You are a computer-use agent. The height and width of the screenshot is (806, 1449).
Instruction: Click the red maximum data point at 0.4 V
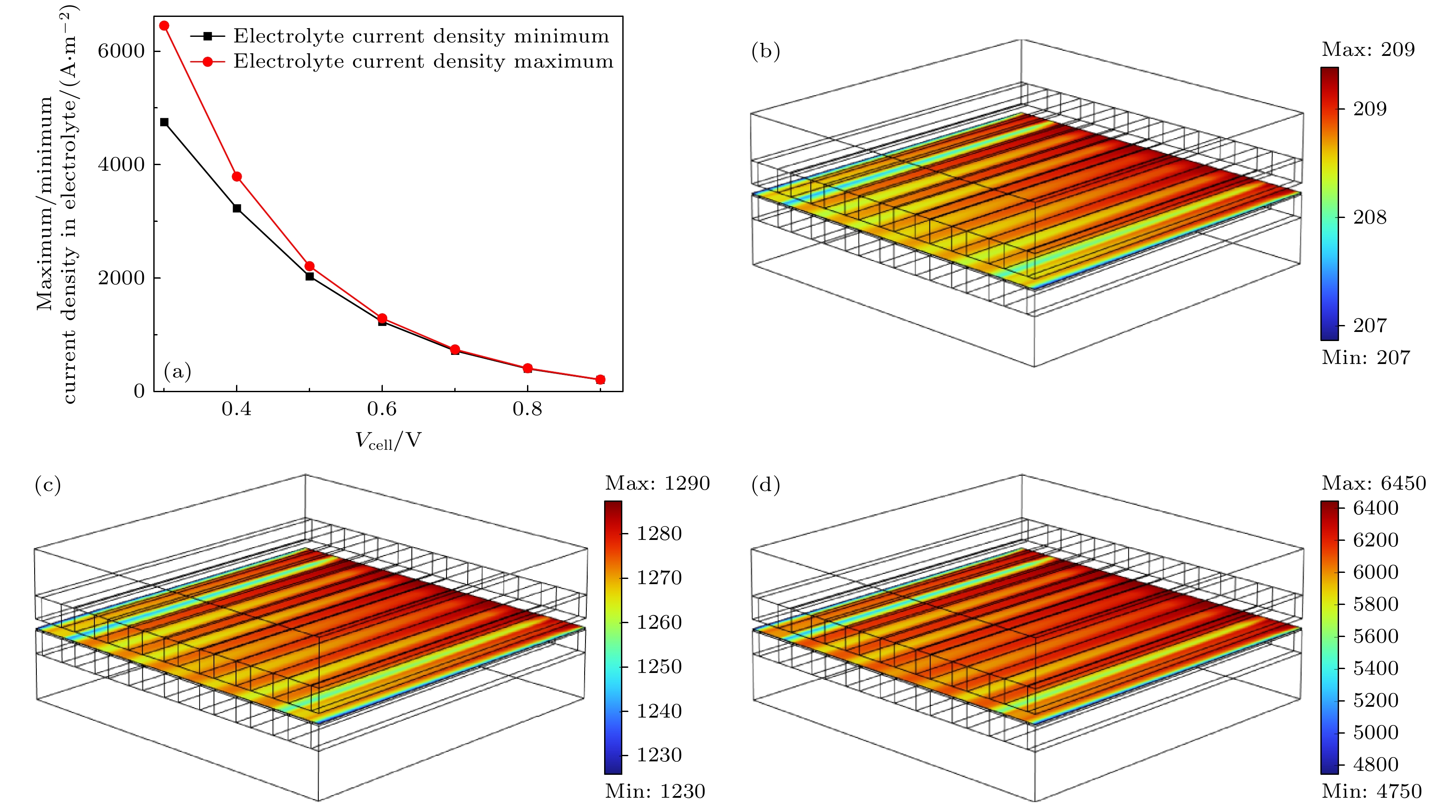coord(237,177)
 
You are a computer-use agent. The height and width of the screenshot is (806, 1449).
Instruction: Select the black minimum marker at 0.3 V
coord(164,122)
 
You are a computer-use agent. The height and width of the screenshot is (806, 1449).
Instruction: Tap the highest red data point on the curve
coord(164,26)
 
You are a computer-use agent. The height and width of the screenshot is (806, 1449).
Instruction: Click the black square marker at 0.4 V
coord(237,208)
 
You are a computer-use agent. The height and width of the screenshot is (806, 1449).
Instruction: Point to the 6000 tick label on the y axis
coord(121,51)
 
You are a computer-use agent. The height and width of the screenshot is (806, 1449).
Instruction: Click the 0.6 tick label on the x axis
coord(382,409)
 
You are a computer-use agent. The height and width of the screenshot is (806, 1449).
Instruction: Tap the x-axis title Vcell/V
coord(388,441)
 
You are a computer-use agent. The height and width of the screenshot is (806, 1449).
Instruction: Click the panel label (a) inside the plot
coord(177,371)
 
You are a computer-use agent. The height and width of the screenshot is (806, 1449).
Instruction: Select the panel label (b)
coord(766,51)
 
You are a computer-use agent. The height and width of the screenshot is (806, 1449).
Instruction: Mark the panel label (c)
coord(48,484)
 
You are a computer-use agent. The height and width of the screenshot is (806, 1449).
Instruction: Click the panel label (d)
coord(766,484)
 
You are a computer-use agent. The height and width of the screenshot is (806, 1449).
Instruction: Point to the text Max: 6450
coord(1373,483)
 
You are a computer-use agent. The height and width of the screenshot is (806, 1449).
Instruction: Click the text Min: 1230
coord(655,791)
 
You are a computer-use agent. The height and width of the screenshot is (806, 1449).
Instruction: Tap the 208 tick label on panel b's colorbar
coord(1370,217)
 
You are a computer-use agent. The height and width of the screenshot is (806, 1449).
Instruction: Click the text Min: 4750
coord(1371,791)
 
